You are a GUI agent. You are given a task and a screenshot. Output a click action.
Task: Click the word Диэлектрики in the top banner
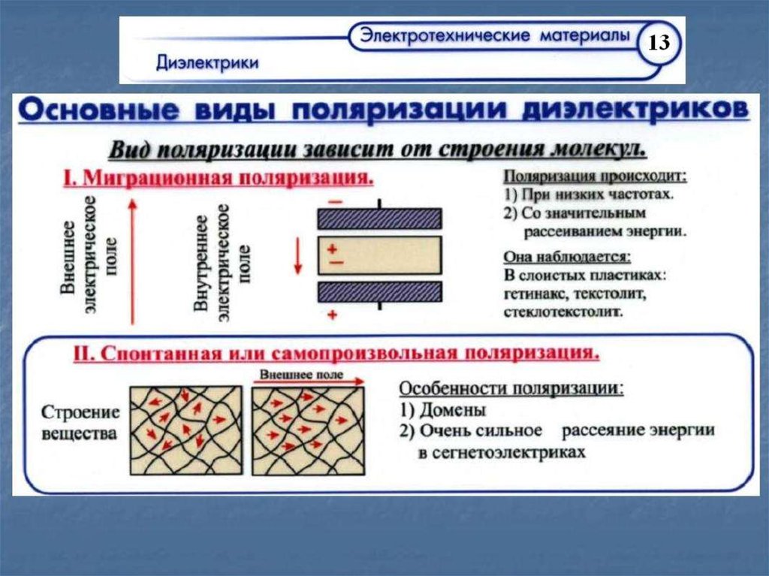pos(208,62)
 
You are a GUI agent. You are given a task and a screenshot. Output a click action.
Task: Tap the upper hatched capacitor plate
pos(378,219)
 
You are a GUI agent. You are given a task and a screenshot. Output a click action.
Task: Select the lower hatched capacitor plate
pos(378,291)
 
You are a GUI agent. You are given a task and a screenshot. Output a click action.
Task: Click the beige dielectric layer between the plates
pos(378,255)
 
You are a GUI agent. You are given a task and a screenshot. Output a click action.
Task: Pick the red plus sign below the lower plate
pos(331,315)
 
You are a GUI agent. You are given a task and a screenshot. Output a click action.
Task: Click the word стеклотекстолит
pos(564,309)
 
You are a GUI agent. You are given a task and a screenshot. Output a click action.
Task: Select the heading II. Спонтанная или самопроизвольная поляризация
pos(336,353)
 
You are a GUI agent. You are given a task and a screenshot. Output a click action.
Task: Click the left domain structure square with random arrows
pos(186,430)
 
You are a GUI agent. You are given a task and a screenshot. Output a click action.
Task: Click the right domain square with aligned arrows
pos(308,430)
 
